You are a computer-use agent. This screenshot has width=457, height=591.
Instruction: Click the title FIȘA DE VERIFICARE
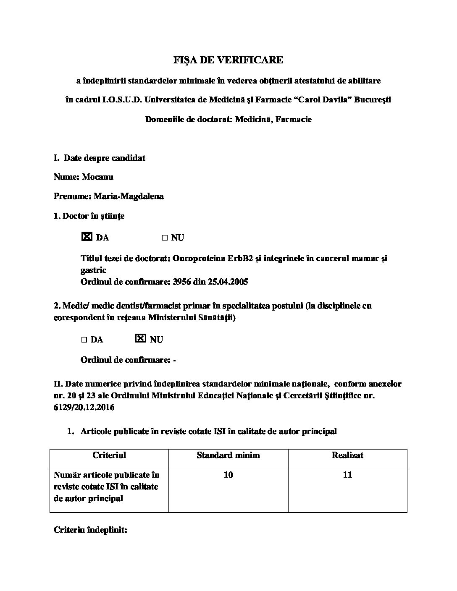click(x=228, y=60)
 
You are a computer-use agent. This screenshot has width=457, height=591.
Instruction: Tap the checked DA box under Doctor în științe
click(x=86, y=237)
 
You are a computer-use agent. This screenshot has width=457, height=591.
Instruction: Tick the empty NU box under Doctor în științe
click(x=165, y=238)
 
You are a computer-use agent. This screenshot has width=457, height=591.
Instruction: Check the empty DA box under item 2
click(x=84, y=340)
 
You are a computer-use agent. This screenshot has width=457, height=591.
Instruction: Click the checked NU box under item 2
click(x=141, y=338)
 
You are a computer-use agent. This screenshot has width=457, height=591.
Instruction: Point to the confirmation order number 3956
click(x=181, y=282)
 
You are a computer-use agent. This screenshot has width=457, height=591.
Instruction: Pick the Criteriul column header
click(x=109, y=455)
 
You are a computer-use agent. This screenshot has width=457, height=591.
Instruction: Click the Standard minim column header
click(x=228, y=455)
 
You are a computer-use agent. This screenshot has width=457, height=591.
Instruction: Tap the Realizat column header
click(x=347, y=455)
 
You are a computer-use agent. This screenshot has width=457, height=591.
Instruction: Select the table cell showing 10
click(x=228, y=475)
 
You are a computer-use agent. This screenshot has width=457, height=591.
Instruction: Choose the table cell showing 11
click(x=347, y=475)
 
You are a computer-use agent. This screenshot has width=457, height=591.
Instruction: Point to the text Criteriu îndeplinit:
click(x=90, y=530)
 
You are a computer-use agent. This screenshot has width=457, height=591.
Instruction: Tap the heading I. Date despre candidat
click(x=100, y=158)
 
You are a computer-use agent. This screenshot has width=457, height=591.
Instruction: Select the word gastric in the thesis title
click(x=93, y=270)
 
